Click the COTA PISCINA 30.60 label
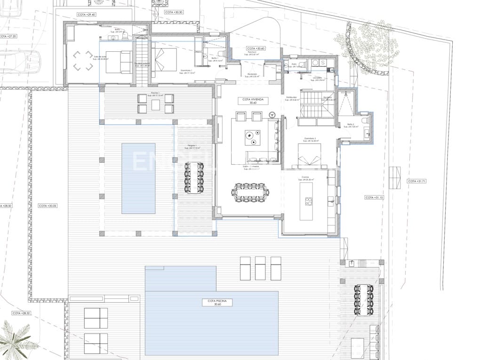[212, 303]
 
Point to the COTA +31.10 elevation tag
[375, 198]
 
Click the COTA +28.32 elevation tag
[21, 313]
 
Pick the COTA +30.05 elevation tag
[48, 206]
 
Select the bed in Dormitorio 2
[309, 155]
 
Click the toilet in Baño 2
[365, 120]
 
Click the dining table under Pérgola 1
[194, 177]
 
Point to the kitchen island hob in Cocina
[309, 202]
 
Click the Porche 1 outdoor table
[156, 104]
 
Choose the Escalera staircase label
[328, 99]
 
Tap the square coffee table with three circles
[255, 136]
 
